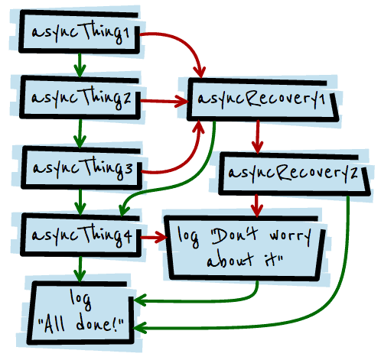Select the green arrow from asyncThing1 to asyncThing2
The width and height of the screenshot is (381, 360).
[78, 66]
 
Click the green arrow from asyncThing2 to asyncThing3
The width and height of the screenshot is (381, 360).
[78, 131]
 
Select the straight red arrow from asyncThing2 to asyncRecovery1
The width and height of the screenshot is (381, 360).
[165, 99]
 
